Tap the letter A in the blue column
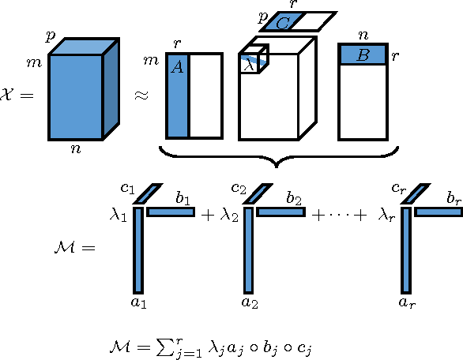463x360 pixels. pos(177,68)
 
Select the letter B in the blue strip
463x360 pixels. pos(363,55)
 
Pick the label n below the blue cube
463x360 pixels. pos(75,150)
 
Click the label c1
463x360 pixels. pos(126,188)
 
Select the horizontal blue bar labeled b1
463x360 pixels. pos(171,212)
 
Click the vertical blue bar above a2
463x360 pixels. pos(247,249)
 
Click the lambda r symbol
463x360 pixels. pos(386,214)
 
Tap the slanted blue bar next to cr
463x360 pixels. pos(416,192)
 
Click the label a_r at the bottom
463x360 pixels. pos(407,302)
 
